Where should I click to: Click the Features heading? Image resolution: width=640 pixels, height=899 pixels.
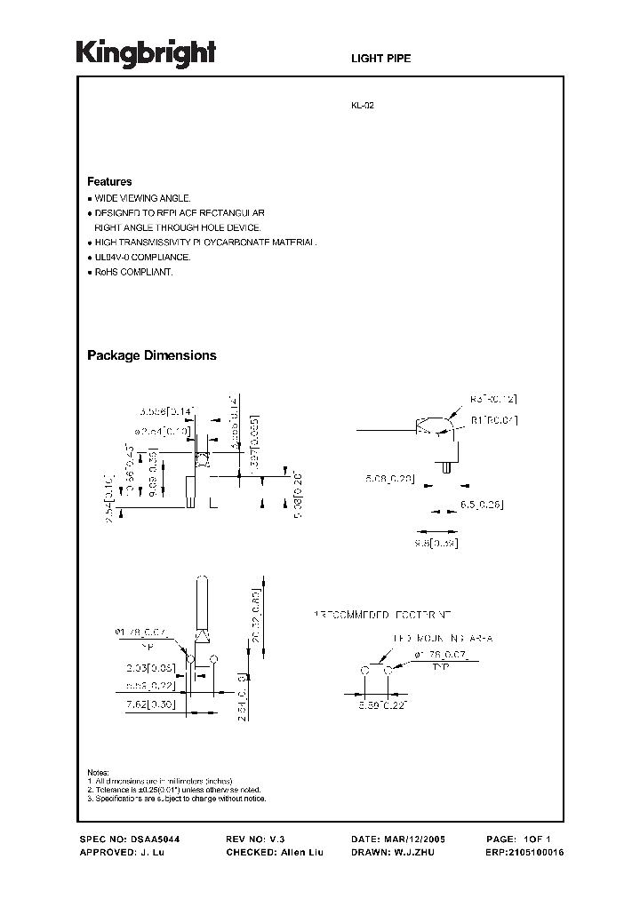point(109,182)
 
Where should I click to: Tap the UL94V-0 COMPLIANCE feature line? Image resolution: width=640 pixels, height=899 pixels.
point(142,257)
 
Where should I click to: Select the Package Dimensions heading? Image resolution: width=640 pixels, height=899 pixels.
point(151,355)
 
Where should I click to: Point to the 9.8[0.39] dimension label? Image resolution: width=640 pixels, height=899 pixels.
point(436,542)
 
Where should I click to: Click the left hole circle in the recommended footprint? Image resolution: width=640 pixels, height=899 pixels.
point(364,671)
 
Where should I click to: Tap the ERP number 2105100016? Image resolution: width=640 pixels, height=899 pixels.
point(537,852)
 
